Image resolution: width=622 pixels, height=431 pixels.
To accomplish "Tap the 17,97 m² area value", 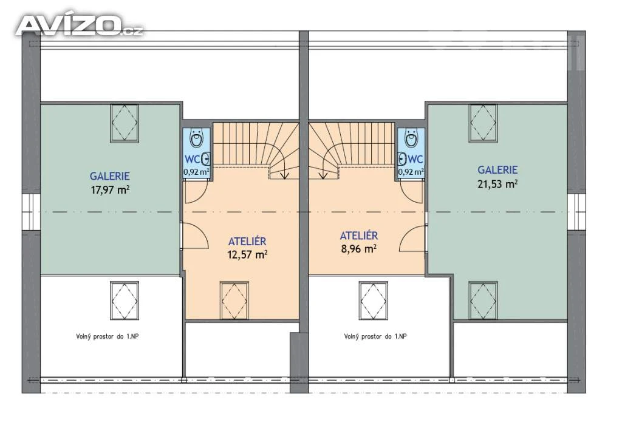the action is [111, 189].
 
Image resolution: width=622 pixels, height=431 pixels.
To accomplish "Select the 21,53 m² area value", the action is [497, 183].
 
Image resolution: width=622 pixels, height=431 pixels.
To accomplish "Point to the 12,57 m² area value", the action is [247, 254].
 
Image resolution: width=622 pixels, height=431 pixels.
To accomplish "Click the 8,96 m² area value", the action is [358, 249].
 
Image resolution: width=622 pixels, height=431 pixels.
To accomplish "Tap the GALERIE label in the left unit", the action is [110, 175].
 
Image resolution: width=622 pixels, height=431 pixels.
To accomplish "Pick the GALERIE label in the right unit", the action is [497, 170].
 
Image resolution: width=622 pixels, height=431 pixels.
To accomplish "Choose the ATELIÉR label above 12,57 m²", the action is [247, 241].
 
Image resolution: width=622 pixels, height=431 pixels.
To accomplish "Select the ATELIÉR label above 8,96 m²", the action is [358, 236].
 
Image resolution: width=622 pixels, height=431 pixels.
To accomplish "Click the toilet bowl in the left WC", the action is [196, 138].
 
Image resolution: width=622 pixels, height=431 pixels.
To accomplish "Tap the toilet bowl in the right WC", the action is [411, 138].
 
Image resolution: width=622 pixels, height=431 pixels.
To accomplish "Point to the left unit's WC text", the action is [193, 160].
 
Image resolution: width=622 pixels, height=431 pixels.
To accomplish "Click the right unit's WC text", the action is [415, 160].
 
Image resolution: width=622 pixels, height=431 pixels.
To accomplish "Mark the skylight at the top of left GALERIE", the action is [125, 123].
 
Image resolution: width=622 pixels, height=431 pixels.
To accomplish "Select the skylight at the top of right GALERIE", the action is [483, 123].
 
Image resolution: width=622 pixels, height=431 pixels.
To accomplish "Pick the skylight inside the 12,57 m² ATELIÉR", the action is [234, 300].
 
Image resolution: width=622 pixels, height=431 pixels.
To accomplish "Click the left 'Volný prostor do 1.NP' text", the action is [108, 337].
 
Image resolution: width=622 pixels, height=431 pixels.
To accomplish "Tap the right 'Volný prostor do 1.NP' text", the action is [375, 337].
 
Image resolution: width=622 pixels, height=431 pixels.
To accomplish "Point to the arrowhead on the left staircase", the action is [284, 175].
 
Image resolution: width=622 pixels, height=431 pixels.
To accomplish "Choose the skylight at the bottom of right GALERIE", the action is [483, 300].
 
